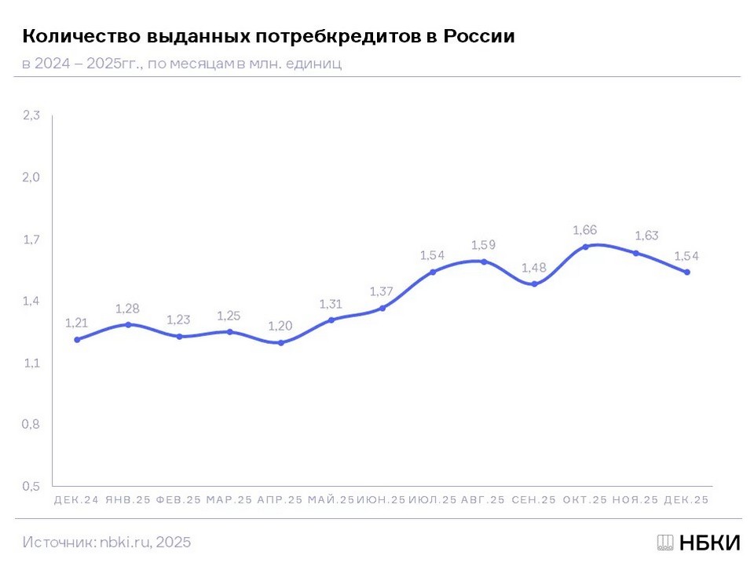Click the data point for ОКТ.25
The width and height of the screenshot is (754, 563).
585,247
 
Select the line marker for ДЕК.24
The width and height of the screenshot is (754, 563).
77,340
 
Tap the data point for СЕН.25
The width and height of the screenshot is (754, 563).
534,284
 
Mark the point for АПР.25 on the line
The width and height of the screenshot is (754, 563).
280,342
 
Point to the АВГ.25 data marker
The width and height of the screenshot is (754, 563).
484,261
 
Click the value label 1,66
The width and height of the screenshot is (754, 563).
585,230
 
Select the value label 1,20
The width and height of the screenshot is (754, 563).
280,326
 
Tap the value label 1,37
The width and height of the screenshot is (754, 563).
382,291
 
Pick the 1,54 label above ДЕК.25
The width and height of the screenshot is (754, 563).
686,256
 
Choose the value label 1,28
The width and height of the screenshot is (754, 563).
128,308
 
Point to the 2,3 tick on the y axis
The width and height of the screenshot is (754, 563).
31,115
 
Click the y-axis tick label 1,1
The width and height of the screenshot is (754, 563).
31,363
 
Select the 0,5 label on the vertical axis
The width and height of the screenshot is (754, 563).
31,487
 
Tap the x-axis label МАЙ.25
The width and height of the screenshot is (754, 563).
331,500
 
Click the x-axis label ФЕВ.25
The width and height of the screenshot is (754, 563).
179,500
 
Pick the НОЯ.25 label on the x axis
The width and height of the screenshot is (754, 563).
635,500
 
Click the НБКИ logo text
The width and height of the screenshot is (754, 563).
708,543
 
